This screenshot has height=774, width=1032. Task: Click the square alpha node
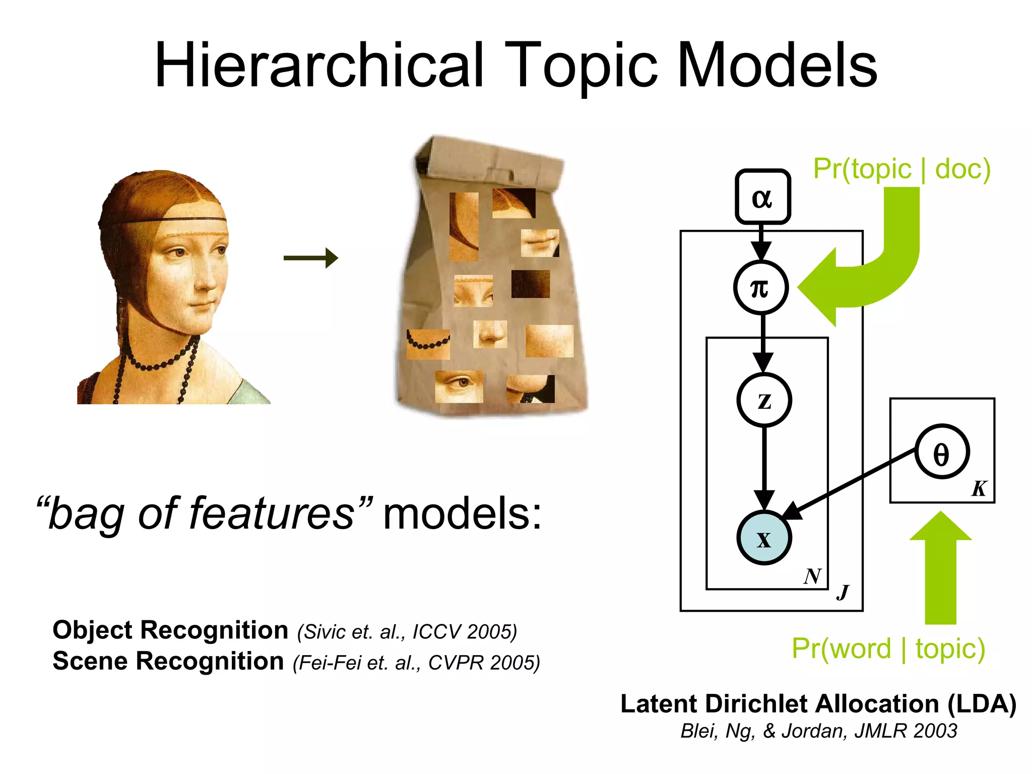pyautogui.click(x=762, y=197)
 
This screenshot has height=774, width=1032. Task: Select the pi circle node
pyautogui.click(x=761, y=288)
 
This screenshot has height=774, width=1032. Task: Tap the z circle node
pyautogui.click(x=764, y=400)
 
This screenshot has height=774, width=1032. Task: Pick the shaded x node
pyautogui.click(x=764, y=538)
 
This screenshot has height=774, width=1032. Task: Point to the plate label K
pyautogui.click(x=979, y=488)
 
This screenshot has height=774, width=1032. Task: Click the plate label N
pyautogui.click(x=812, y=576)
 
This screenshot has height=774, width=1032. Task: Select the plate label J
pyautogui.click(x=843, y=592)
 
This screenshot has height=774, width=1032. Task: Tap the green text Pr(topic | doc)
pyautogui.click(x=901, y=169)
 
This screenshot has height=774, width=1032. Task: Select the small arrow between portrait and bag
pyautogui.click(x=310, y=258)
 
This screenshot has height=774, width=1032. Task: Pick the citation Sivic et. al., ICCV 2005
pyautogui.click(x=407, y=632)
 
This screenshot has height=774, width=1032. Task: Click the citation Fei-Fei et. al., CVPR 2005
pyautogui.click(x=416, y=663)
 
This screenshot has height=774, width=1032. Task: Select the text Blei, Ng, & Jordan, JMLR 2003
pyautogui.click(x=818, y=731)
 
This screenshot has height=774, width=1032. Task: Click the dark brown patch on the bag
pyautogui.click(x=530, y=284)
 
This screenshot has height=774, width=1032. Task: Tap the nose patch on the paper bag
pyautogui.click(x=490, y=334)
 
